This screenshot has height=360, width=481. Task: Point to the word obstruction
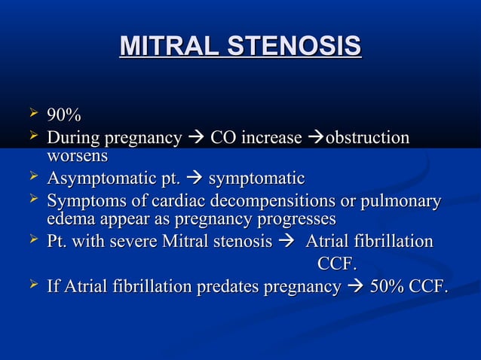[x=367, y=139]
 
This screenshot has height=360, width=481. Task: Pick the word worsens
[x=77, y=156]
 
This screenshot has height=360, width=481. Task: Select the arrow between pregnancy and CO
[x=195, y=139]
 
